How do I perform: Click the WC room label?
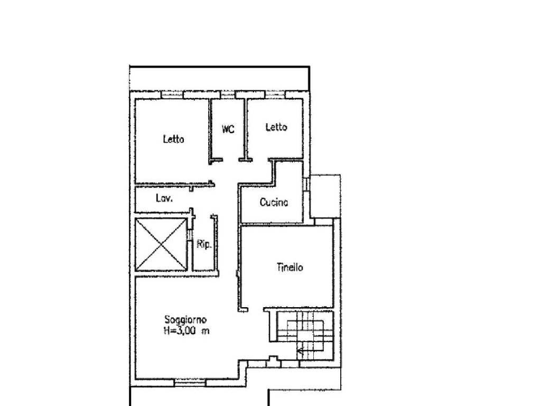pos(228,129)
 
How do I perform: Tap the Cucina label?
pos(274,202)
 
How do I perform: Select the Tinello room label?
pos(290,267)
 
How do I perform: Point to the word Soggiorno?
pos(185,320)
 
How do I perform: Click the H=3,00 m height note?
pos(186,331)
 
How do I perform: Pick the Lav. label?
pos(164,199)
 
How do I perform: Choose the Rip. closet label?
pos(204,244)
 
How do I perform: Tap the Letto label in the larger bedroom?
pos(173,139)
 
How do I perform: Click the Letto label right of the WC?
pos(276,127)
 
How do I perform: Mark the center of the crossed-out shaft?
pos(161,244)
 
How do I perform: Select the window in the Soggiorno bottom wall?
pos(190,382)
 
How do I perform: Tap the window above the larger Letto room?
pos(172,95)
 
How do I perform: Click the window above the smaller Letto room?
pos(275,95)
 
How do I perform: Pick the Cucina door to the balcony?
pos(306,183)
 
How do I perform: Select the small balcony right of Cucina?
pos(325,196)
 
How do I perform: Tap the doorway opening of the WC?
pos(231,160)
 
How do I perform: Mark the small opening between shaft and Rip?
pos(190,235)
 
